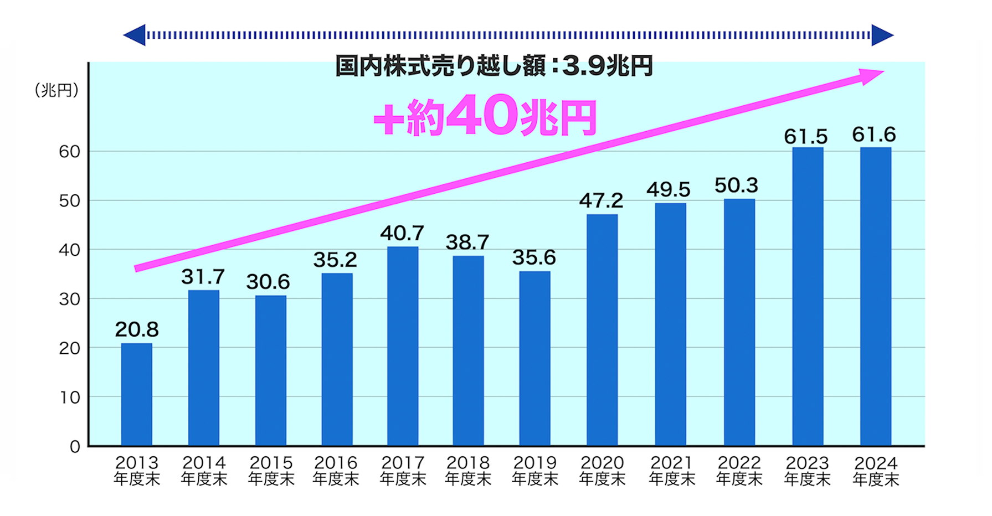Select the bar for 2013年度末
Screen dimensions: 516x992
coord(136,394)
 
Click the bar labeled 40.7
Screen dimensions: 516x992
coord(403,346)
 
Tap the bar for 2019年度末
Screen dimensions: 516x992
coord(534,358)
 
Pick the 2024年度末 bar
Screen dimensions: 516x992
coord(875,296)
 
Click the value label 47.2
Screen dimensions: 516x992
coord(601,200)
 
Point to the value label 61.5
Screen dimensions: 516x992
coord(805,136)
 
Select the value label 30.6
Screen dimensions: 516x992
coord(268,282)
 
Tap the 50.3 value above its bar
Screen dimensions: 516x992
coord(736,185)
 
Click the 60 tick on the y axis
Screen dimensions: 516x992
coord(70,152)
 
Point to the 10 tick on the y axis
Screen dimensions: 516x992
coord(70,398)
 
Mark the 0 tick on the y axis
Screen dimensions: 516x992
coord(75,447)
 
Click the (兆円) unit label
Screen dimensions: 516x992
coord(56,90)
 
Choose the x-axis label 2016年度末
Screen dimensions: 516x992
coord(336,471)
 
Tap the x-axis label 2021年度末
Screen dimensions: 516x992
coord(671,471)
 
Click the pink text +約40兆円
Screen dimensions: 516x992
coord(485,116)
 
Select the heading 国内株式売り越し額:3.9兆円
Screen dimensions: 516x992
coord(494,66)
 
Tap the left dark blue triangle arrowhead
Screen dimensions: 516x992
coord(135,35)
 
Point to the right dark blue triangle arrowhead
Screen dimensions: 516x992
coord(882,35)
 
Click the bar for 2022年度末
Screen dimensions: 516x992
coord(739,322)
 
